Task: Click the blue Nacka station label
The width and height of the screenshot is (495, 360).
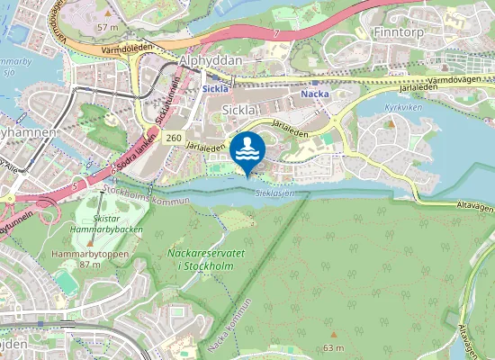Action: click(314, 93)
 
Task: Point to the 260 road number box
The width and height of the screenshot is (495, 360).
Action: click(175, 137)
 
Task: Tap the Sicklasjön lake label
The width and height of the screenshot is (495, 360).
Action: click(274, 193)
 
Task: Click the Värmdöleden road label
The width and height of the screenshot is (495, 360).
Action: click(125, 51)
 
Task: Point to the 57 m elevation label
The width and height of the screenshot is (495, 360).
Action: click(107, 28)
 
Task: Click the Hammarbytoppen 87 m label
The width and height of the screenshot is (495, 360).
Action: click(76, 260)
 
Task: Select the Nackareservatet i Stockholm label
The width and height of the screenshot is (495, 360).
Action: click(206, 258)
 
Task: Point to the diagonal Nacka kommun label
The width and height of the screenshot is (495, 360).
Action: click(229, 323)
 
